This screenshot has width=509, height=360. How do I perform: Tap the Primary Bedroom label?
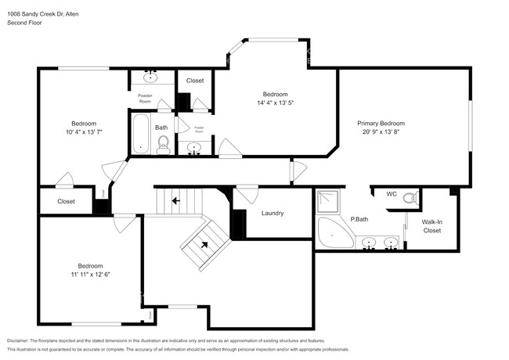pos(381,123)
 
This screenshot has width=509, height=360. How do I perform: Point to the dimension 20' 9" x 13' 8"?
pos(381,132)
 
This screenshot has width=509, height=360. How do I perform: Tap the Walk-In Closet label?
pos(431,226)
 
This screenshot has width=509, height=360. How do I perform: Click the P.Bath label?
pos(359,219)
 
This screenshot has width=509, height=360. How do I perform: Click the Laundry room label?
pos(272,213)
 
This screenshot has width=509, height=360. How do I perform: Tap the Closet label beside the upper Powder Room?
pos(195,81)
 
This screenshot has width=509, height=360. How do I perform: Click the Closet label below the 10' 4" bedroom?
pos(67,201)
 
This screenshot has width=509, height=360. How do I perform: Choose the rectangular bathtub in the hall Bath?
pos(141,134)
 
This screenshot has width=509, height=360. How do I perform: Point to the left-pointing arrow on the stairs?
pos(176,200)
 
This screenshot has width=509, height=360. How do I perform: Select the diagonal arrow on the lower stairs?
pos(205,244)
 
